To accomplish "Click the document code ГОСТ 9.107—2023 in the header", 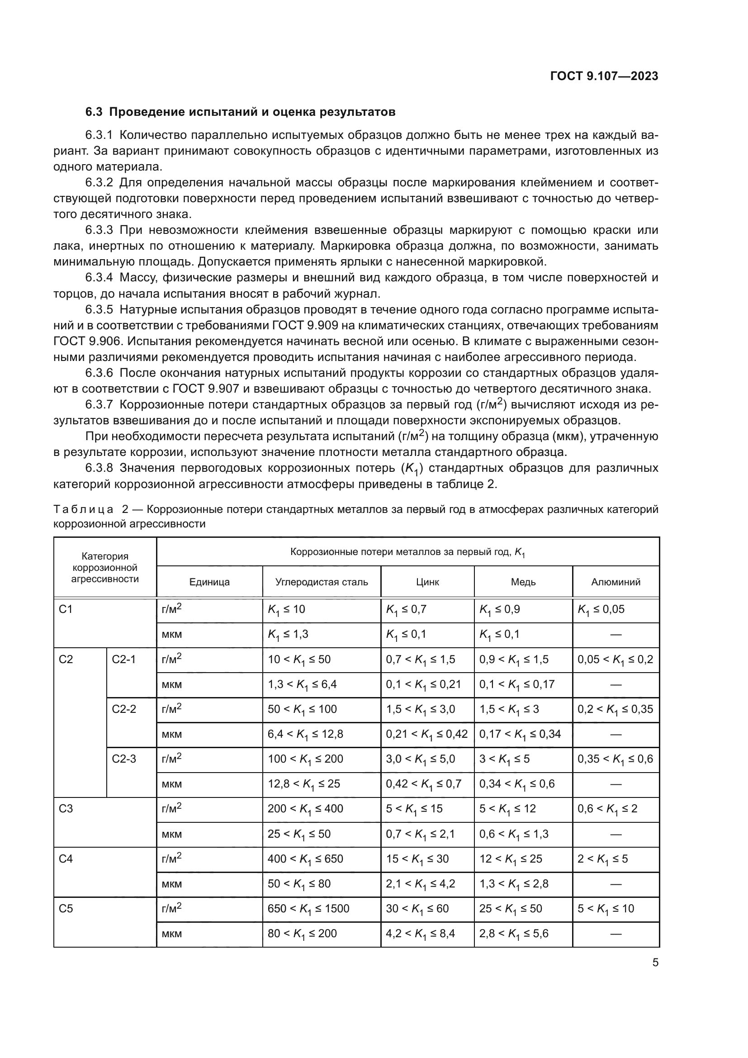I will tap(604, 76).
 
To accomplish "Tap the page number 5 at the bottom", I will tap(655, 962).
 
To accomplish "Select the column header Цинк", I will tap(427, 582).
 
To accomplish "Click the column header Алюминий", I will tap(615, 582).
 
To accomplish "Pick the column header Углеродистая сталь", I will tap(322, 582).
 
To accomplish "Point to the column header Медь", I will tap(523, 582).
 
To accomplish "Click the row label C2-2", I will tap(124, 709).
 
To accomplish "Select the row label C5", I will tap(66, 909).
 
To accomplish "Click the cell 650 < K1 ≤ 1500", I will tap(308, 909).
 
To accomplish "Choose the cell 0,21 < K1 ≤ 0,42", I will tap(426, 734).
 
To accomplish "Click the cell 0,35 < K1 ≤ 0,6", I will tap(615, 759).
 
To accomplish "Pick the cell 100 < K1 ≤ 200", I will tap(305, 759).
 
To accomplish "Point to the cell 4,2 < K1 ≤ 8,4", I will tap(420, 934).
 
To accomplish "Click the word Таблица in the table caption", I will tap(83, 509).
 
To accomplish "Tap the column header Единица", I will tap(209, 582).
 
